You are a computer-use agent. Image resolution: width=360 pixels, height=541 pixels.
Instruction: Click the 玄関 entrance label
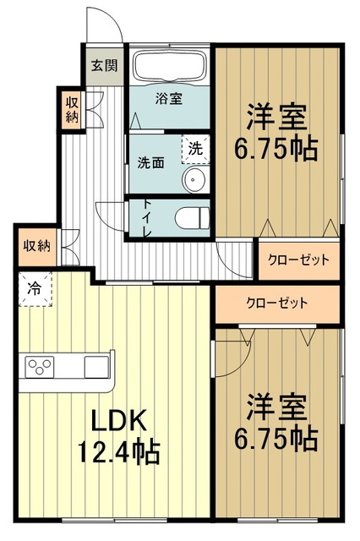click(105, 65)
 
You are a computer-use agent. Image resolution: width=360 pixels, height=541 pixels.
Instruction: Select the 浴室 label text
click(169, 99)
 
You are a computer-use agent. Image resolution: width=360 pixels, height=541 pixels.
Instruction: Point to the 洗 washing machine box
click(195, 147)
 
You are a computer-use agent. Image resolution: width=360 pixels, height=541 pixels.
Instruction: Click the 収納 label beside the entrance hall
click(73, 108)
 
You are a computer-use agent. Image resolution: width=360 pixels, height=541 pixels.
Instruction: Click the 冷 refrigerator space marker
click(35, 288)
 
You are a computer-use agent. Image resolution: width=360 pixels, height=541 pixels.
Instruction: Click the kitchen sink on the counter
click(95, 369)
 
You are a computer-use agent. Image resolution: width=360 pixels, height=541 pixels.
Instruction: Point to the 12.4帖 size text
click(119, 450)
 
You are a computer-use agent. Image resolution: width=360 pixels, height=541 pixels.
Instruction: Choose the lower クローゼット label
click(276, 303)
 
